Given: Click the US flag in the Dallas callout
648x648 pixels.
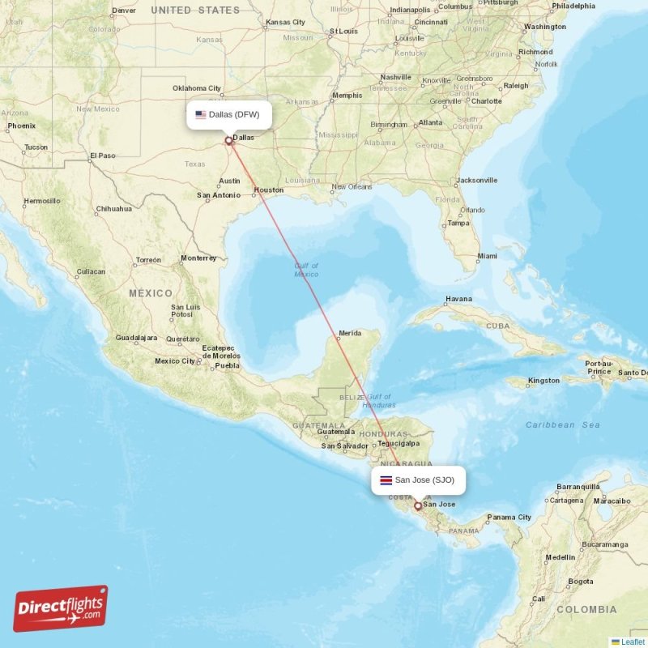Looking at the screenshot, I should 200,114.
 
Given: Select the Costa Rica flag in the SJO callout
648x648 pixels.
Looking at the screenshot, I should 386,480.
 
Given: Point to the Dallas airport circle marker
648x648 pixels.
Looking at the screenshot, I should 228,140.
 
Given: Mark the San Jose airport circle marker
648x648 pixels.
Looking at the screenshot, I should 418,506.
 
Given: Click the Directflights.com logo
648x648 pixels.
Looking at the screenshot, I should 61,608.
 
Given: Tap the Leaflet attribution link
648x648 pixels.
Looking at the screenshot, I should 632,642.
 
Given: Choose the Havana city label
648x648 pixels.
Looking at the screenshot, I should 458,299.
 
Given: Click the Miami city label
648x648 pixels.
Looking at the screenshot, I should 487,256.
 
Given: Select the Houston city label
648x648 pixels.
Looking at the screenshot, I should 269,190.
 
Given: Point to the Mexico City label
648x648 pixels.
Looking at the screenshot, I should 175,361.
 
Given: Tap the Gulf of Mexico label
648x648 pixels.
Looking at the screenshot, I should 306,270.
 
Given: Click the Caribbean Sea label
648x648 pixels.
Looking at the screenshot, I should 562,424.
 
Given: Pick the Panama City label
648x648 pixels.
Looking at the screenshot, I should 509,517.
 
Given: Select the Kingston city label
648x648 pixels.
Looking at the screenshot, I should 543,381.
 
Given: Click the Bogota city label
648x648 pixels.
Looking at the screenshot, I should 580,581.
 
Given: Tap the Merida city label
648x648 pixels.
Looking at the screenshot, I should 350,333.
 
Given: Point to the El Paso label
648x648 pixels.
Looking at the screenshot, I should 102,156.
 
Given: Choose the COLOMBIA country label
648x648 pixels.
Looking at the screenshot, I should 587,609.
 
